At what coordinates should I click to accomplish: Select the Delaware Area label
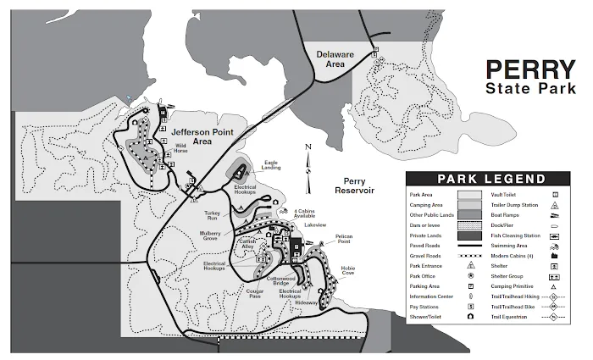pos(335,58)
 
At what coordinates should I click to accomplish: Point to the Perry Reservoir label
pos(347,186)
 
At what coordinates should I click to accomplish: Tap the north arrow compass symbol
pos(309,158)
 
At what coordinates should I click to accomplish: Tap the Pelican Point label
pos(343,241)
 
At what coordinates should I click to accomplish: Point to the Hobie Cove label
pos(347,271)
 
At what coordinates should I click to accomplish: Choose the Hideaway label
pos(307,302)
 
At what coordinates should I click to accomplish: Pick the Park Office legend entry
pos(424,276)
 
